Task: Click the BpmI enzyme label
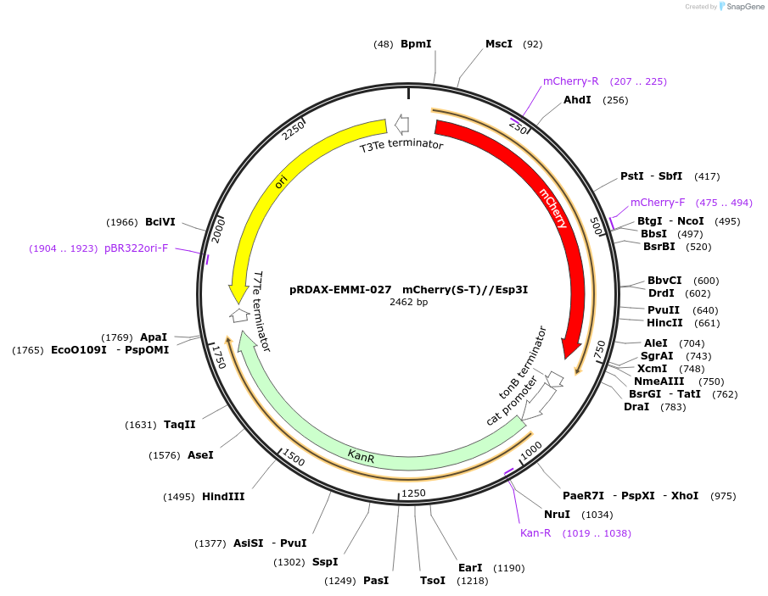416,44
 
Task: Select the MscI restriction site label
498,44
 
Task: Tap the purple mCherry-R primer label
570,81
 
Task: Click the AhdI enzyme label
577,100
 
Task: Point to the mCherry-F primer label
657,203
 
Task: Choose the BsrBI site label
659,247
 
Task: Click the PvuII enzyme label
664,309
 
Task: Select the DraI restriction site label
636,407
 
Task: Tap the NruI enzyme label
558,515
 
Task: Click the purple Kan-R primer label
535,533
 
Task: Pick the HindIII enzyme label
223,497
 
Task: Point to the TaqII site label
180,425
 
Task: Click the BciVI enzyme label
160,222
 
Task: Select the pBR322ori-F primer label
136,248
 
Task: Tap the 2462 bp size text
409,302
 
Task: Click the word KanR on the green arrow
361,456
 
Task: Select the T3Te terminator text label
401,146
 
